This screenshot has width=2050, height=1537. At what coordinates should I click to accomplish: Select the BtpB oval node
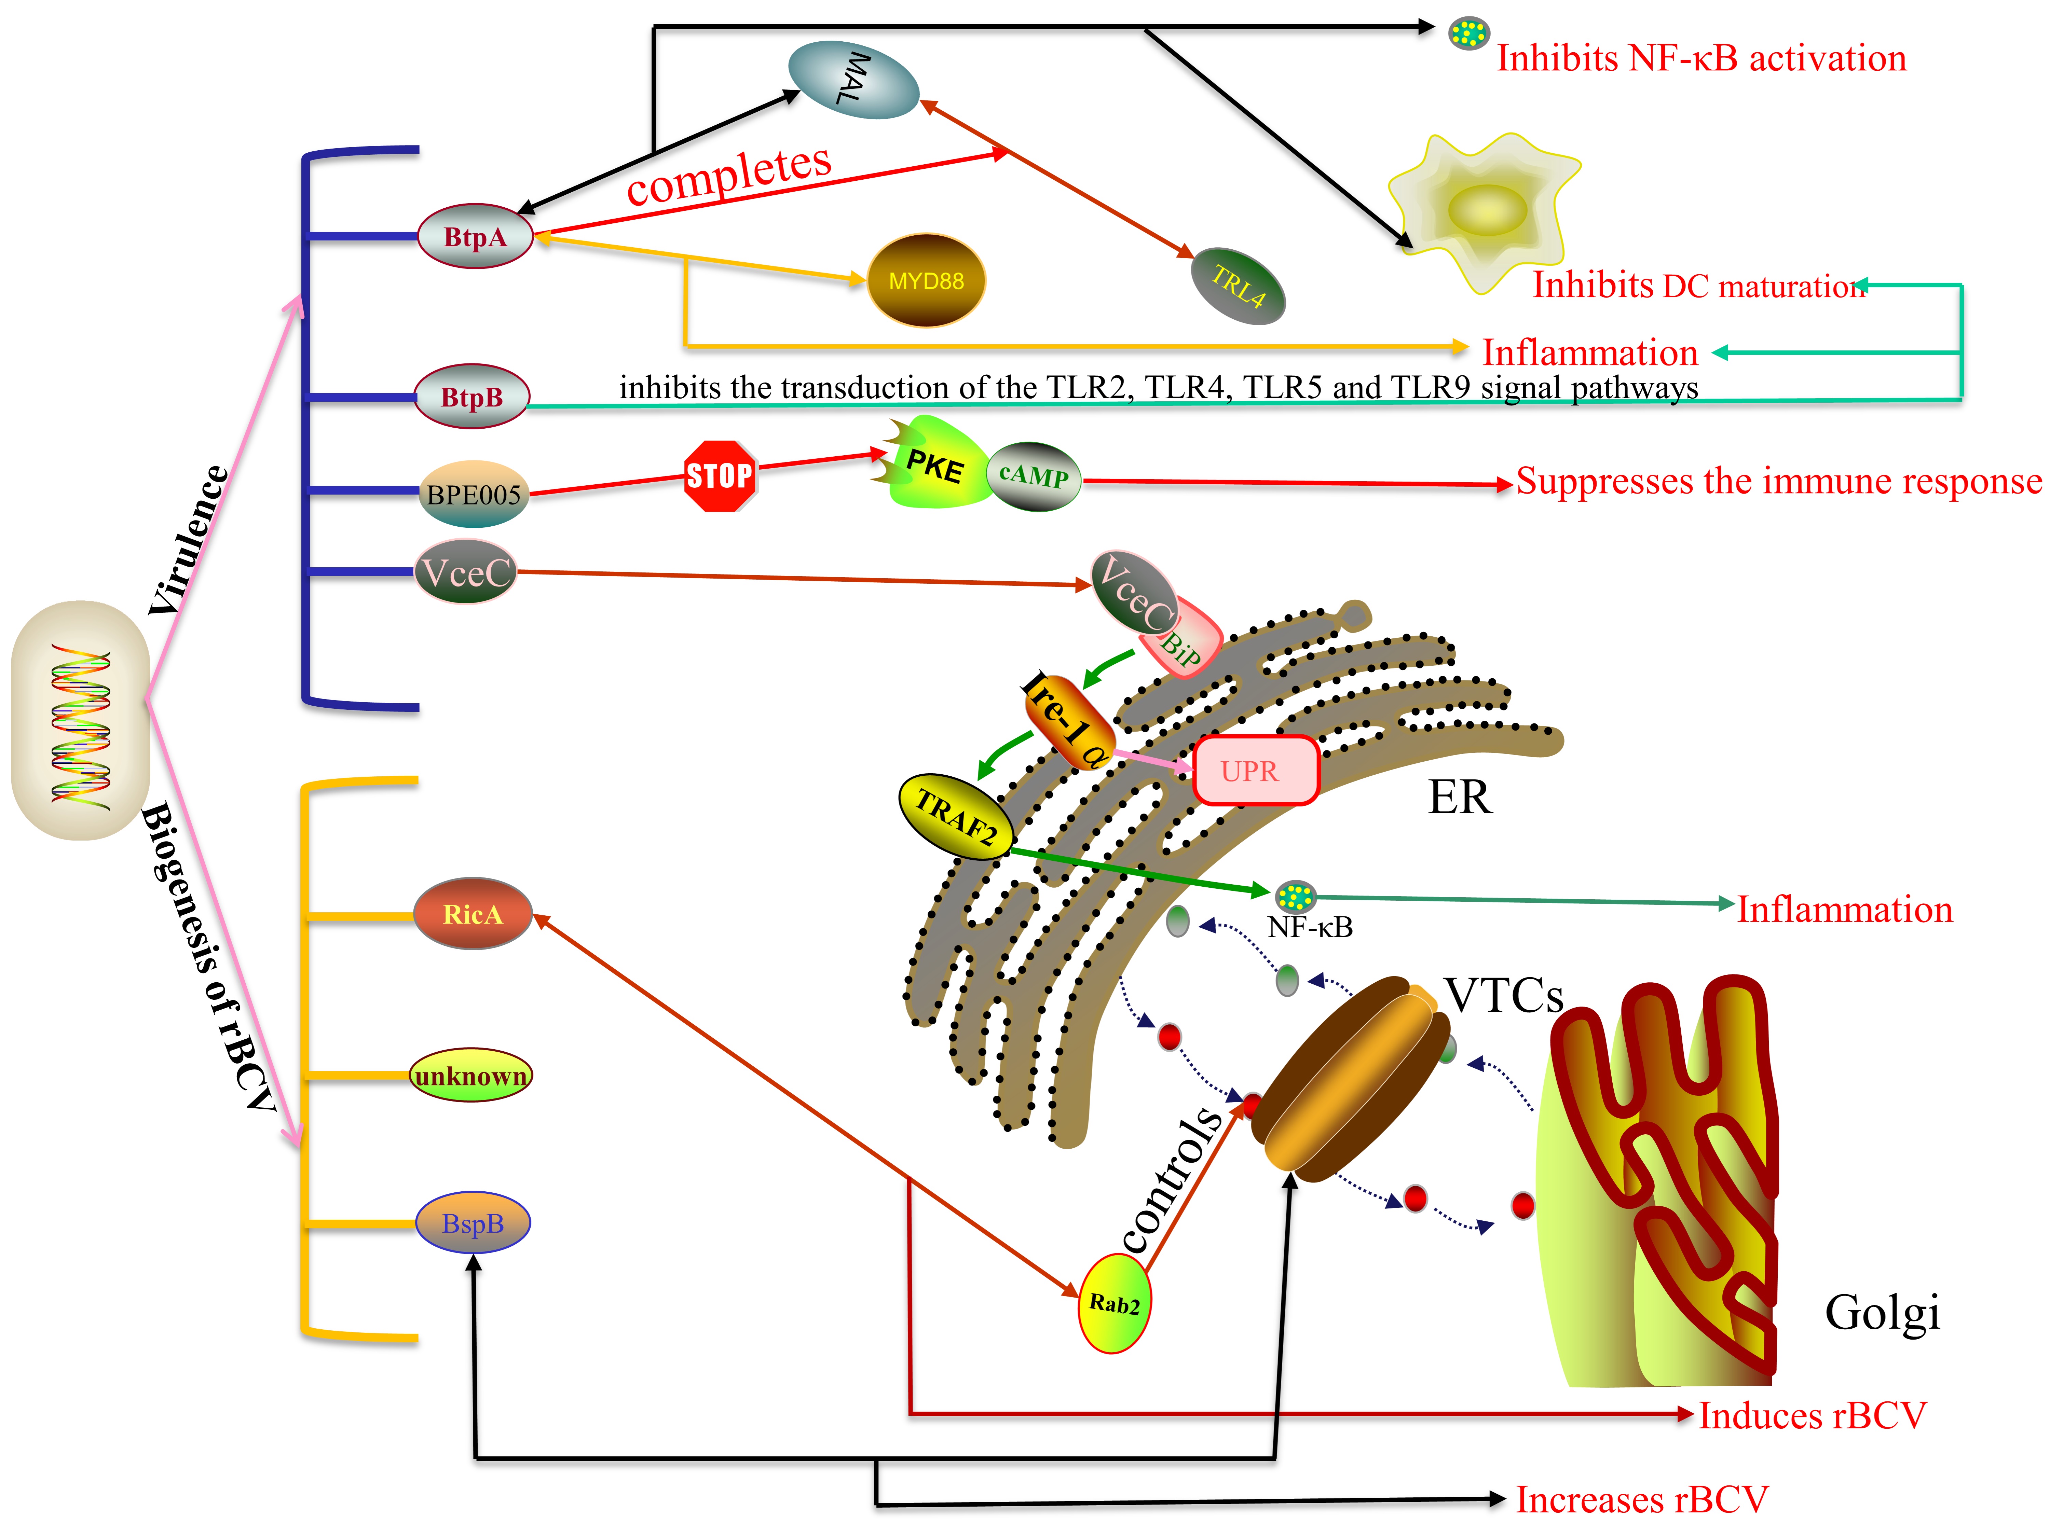coord(472,397)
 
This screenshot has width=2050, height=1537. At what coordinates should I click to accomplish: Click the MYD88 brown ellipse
coord(925,280)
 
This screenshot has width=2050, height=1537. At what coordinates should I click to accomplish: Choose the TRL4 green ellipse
coord(1238,285)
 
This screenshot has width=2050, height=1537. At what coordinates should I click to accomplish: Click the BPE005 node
coord(474,494)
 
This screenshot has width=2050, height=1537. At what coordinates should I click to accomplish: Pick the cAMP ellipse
coord(1033,476)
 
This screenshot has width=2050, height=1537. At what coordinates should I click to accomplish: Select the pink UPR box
coord(1255,770)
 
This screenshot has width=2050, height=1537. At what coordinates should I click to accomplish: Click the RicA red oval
coord(473,914)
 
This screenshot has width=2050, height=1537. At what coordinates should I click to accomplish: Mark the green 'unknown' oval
coord(471,1076)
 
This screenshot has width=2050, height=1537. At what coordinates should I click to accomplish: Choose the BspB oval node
coord(473,1223)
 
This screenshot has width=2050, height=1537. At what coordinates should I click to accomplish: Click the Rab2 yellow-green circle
coord(1114,1303)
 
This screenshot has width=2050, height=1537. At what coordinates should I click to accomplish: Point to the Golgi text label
coord(1881,1312)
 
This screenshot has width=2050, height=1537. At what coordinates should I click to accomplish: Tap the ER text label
coord(1460,797)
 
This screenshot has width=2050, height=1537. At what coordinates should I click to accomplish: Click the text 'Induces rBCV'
coord(1812,1415)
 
